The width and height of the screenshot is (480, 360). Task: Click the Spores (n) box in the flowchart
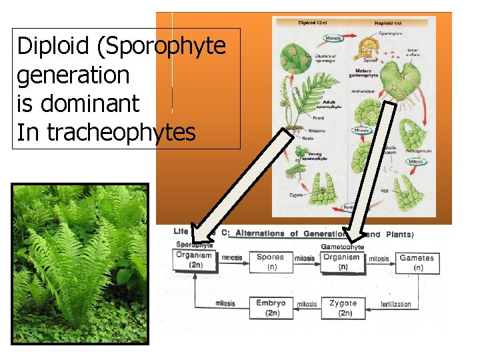271,261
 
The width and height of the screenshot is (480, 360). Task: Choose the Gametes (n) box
417,262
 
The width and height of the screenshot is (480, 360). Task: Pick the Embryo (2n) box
271,307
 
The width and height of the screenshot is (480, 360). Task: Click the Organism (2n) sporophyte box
193,259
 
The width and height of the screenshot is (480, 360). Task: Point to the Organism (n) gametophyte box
342,261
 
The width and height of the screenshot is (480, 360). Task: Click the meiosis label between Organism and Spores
231,258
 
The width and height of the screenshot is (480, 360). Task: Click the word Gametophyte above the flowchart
343,247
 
